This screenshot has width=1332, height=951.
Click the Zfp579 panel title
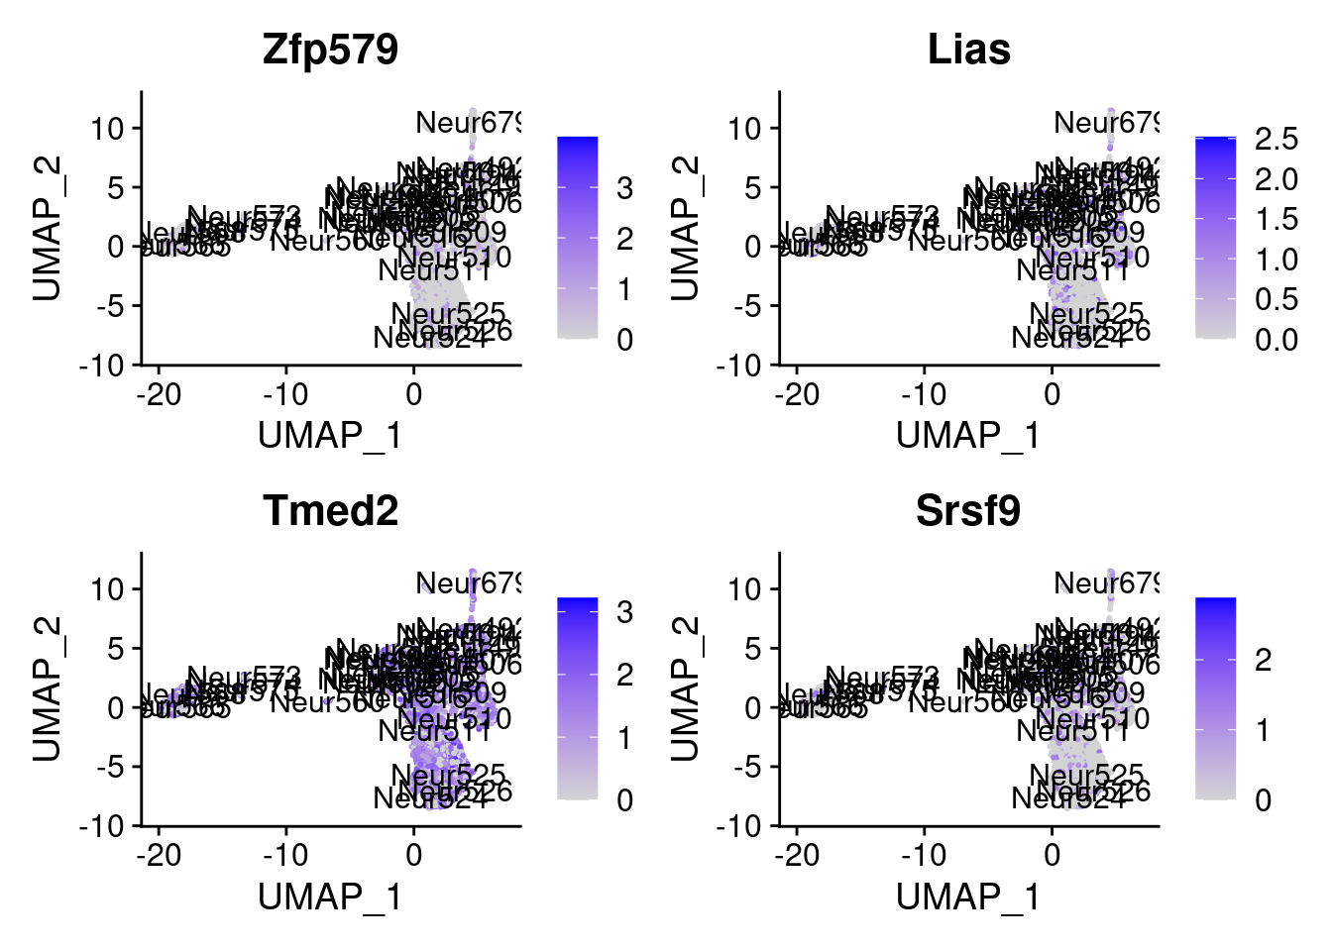(330, 50)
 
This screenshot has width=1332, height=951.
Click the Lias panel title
(968, 50)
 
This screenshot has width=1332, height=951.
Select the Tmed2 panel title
(330, 511)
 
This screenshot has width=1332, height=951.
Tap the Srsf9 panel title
(968, 511)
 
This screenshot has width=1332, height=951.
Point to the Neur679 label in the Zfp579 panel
(468, 123)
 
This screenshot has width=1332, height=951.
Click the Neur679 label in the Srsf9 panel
(1106, 583)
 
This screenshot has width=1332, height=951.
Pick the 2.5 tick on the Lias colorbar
(1276, 140)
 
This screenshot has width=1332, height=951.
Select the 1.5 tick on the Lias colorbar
(1276, 219)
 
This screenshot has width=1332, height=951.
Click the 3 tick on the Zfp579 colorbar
(624, 188)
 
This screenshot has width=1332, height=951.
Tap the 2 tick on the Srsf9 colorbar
(1263, 661)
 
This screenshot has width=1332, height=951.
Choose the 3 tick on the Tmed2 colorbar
(624, 612)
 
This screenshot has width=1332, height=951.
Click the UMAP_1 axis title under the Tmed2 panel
(330, 898)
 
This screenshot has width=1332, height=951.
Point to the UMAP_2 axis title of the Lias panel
(685, 228)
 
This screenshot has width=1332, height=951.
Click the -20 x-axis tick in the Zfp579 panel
(160, 395)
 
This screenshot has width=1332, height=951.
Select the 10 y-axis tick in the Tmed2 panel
(110, 589)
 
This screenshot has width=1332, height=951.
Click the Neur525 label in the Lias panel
(1086, 314)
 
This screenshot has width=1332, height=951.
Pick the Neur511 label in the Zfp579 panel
(434, 269)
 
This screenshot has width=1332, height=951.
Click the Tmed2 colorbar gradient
(577, 697)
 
